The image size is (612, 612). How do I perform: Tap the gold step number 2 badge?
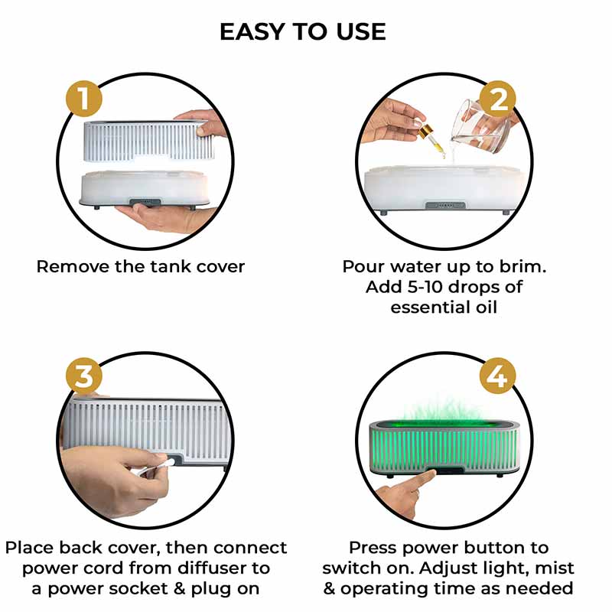tap(497, 99)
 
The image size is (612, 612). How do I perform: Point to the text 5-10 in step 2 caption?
tap(424, 287)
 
